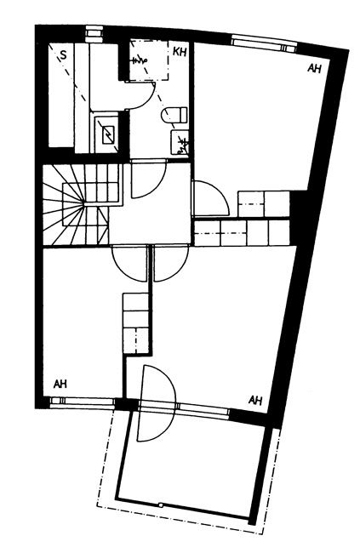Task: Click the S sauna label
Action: (x=63, y=54)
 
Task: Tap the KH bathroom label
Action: (x=180, y=52)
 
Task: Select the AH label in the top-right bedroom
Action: (x=314, y=68)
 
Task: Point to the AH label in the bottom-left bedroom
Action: (x=60, y=384)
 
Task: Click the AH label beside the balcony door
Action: (x=255, y=400)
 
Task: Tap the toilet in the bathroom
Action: (x=174, y=116)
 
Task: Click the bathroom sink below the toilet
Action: (x=180, y=142)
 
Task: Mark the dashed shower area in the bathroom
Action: (x=149, y=60)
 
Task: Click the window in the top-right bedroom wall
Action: (x=265, y=43)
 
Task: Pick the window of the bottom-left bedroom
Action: (x=82, y=402)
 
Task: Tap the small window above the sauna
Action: (x=94, y=32)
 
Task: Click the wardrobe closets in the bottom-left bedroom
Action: (x=136, y=322)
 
